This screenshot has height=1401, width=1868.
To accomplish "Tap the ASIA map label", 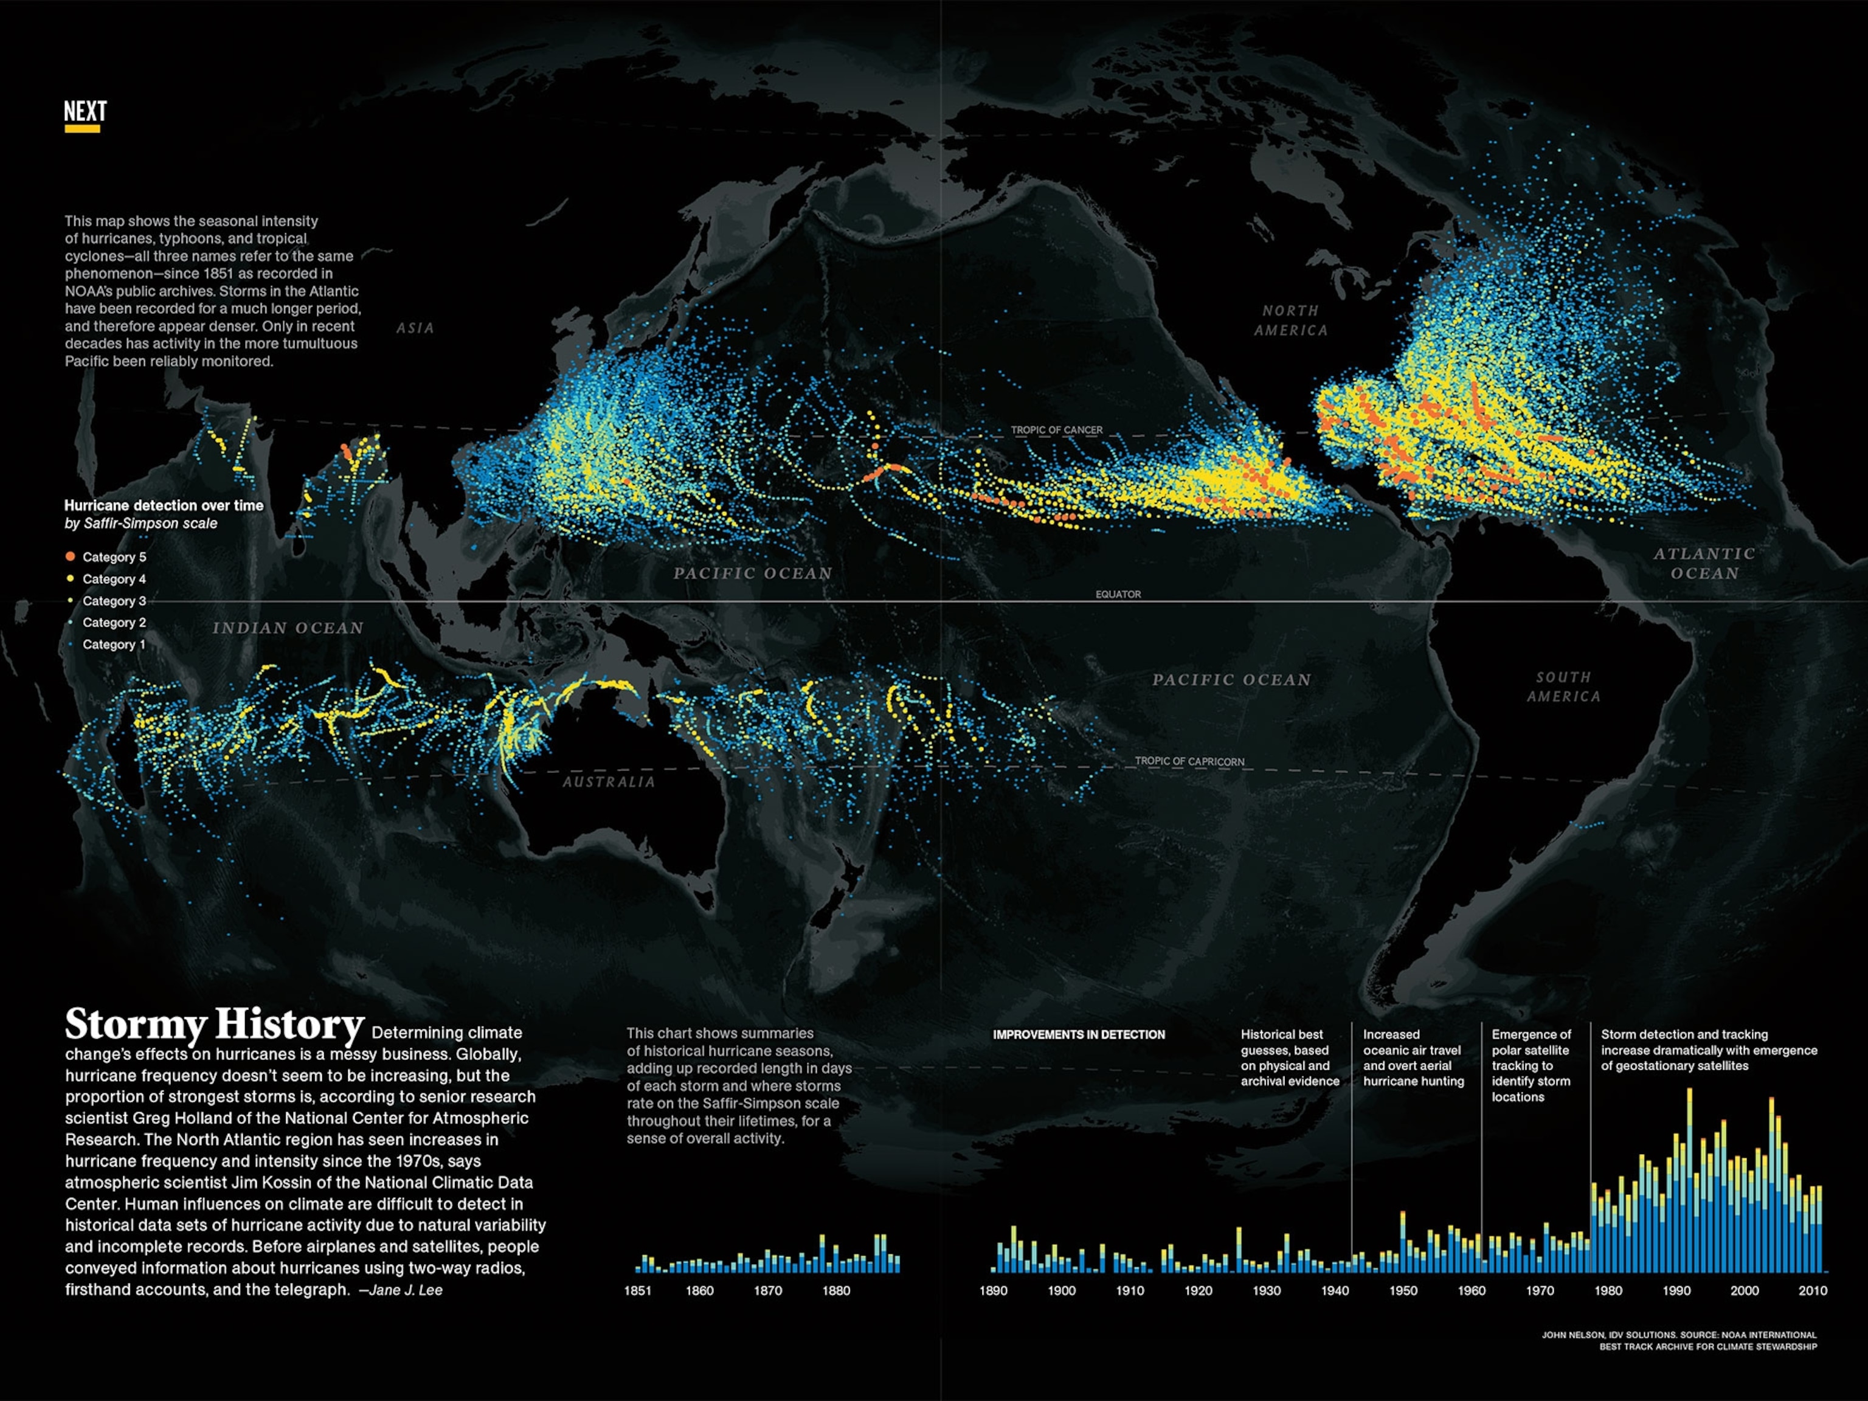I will pyautogui.click(x=415, y=328).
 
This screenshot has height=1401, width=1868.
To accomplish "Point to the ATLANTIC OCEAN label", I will pyautogui.click(x=1704, y=563).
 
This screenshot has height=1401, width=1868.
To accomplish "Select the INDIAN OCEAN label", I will pyautogui.click(x=288, y=628).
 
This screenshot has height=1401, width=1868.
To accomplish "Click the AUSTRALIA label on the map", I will pyautogui.click(x=609, y=782).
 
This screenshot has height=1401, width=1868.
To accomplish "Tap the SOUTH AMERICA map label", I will pyautogui.click(x=1563, y=687).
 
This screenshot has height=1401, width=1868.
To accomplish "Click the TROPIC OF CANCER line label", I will pyautogui.click(x=1056, y=430).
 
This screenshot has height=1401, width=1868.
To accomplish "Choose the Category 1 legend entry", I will pyautogui.click(x=113, y=645).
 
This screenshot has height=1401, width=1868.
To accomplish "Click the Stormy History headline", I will pyautogui.click(x=215, y=1025).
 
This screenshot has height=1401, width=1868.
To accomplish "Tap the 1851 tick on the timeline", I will pyautogui.click(x=638, y=1290).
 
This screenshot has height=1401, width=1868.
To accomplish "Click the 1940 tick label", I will pyautogui.click(x=1334, y=1290).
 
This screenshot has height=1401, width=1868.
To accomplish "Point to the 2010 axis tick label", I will pyautogui.click(x=1812, y=1290).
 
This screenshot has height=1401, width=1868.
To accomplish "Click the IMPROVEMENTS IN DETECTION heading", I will pyautogui.click(x=1078, y=1034).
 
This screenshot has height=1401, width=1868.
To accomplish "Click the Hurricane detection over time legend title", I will pyautogui.click(x=164, y=505).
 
